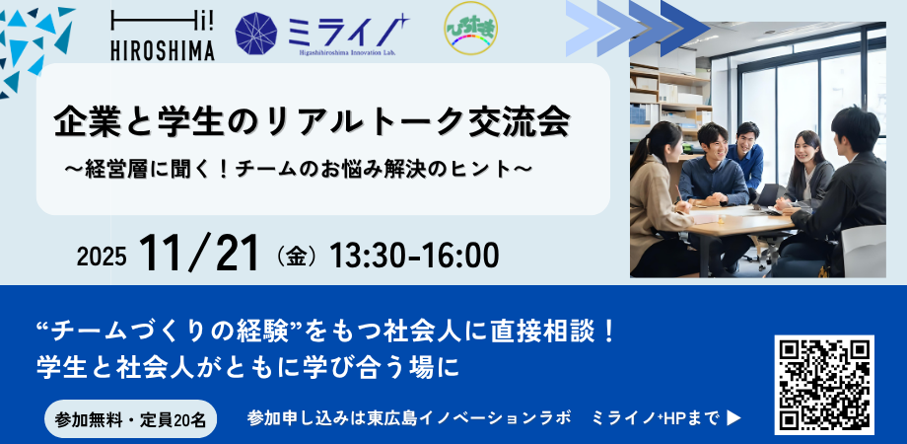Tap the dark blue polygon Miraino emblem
pos(256,34)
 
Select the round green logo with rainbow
pos(471,29)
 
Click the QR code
pos(824,385)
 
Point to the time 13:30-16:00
pos(414,256)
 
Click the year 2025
pos(102,257)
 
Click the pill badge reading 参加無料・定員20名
pos(131,418)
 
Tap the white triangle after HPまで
pos(733,418)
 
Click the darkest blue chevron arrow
pos(685,28)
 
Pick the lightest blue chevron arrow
pos(590,28)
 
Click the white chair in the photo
pos(863,252)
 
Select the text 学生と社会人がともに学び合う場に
pos(247,368)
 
